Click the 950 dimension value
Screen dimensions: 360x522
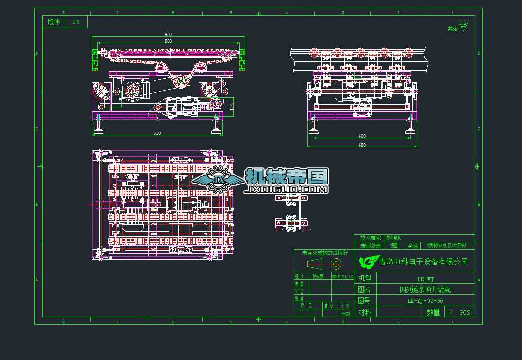point(168,34)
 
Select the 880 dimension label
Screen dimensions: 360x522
point(168,41)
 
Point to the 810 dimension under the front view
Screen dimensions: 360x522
point(157,133)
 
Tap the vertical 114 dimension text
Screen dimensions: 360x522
point(232,107)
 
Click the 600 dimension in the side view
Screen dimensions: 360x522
point(362,136)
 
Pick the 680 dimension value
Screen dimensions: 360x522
point(362,145)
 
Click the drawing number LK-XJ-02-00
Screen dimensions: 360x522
point(425,301)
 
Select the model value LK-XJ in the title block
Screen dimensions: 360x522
point(425,278)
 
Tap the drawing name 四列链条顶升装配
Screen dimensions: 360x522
point(425,290)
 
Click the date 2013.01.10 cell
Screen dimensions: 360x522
point(343,276)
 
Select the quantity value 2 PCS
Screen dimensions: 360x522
point(459,312)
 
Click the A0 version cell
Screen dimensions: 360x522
point(76,22)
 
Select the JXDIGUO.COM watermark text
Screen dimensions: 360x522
point(286,190)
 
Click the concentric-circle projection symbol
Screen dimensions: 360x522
point(336,264)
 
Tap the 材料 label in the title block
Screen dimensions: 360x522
point(365,312)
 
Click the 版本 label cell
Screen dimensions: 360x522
point(54,22)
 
